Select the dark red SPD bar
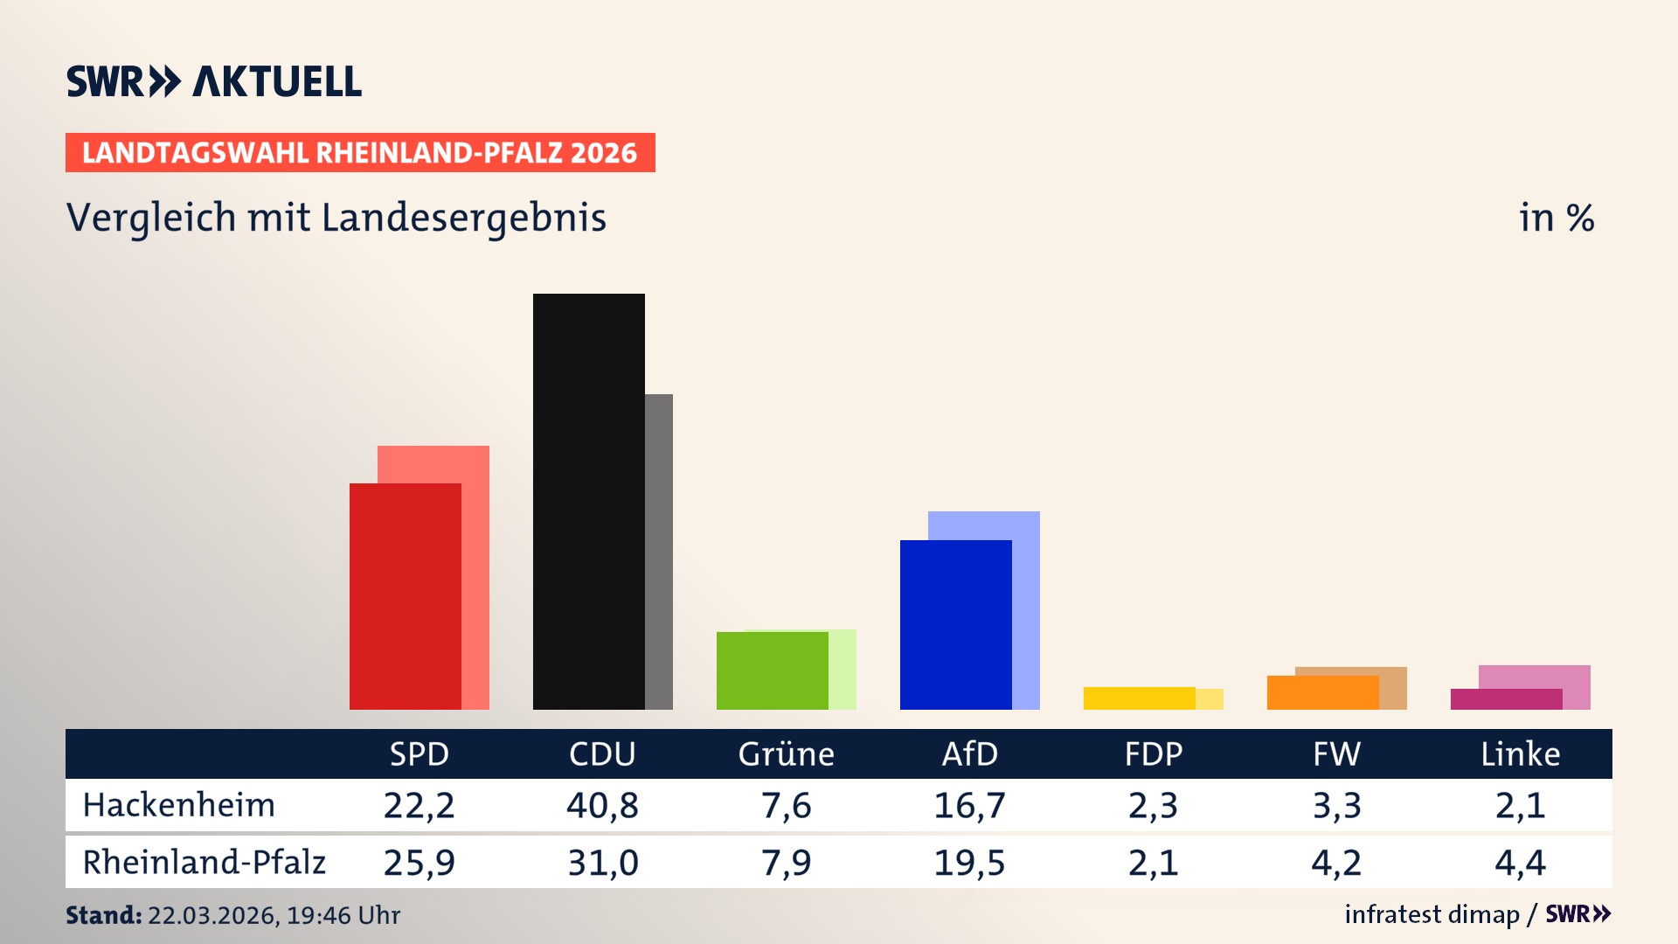click(x=405, y=596)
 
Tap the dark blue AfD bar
click(x=955, y=624)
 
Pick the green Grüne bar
click(x=772, y=670)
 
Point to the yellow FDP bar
click(x=1139, y=698)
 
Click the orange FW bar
click(x=1322, y=693)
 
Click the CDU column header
click(x=602, y=753)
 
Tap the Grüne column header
click(x=786, y=753)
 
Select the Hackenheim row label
click(x=179, y=805)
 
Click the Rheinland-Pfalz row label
click(x=204, y=863)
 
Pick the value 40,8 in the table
click(x=602, y=805)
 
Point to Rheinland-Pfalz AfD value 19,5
click(x=969, y=863)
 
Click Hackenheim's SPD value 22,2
click(x=419, y=805)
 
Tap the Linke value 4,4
click(x=1520, y=863)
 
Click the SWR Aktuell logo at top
click(x=214, y=81)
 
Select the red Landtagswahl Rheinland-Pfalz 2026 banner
click(x=360, y=153)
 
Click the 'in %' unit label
click(x=1556, y=218)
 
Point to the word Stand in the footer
click(x=103, y=915)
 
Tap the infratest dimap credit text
click(x=1432, y=914)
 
